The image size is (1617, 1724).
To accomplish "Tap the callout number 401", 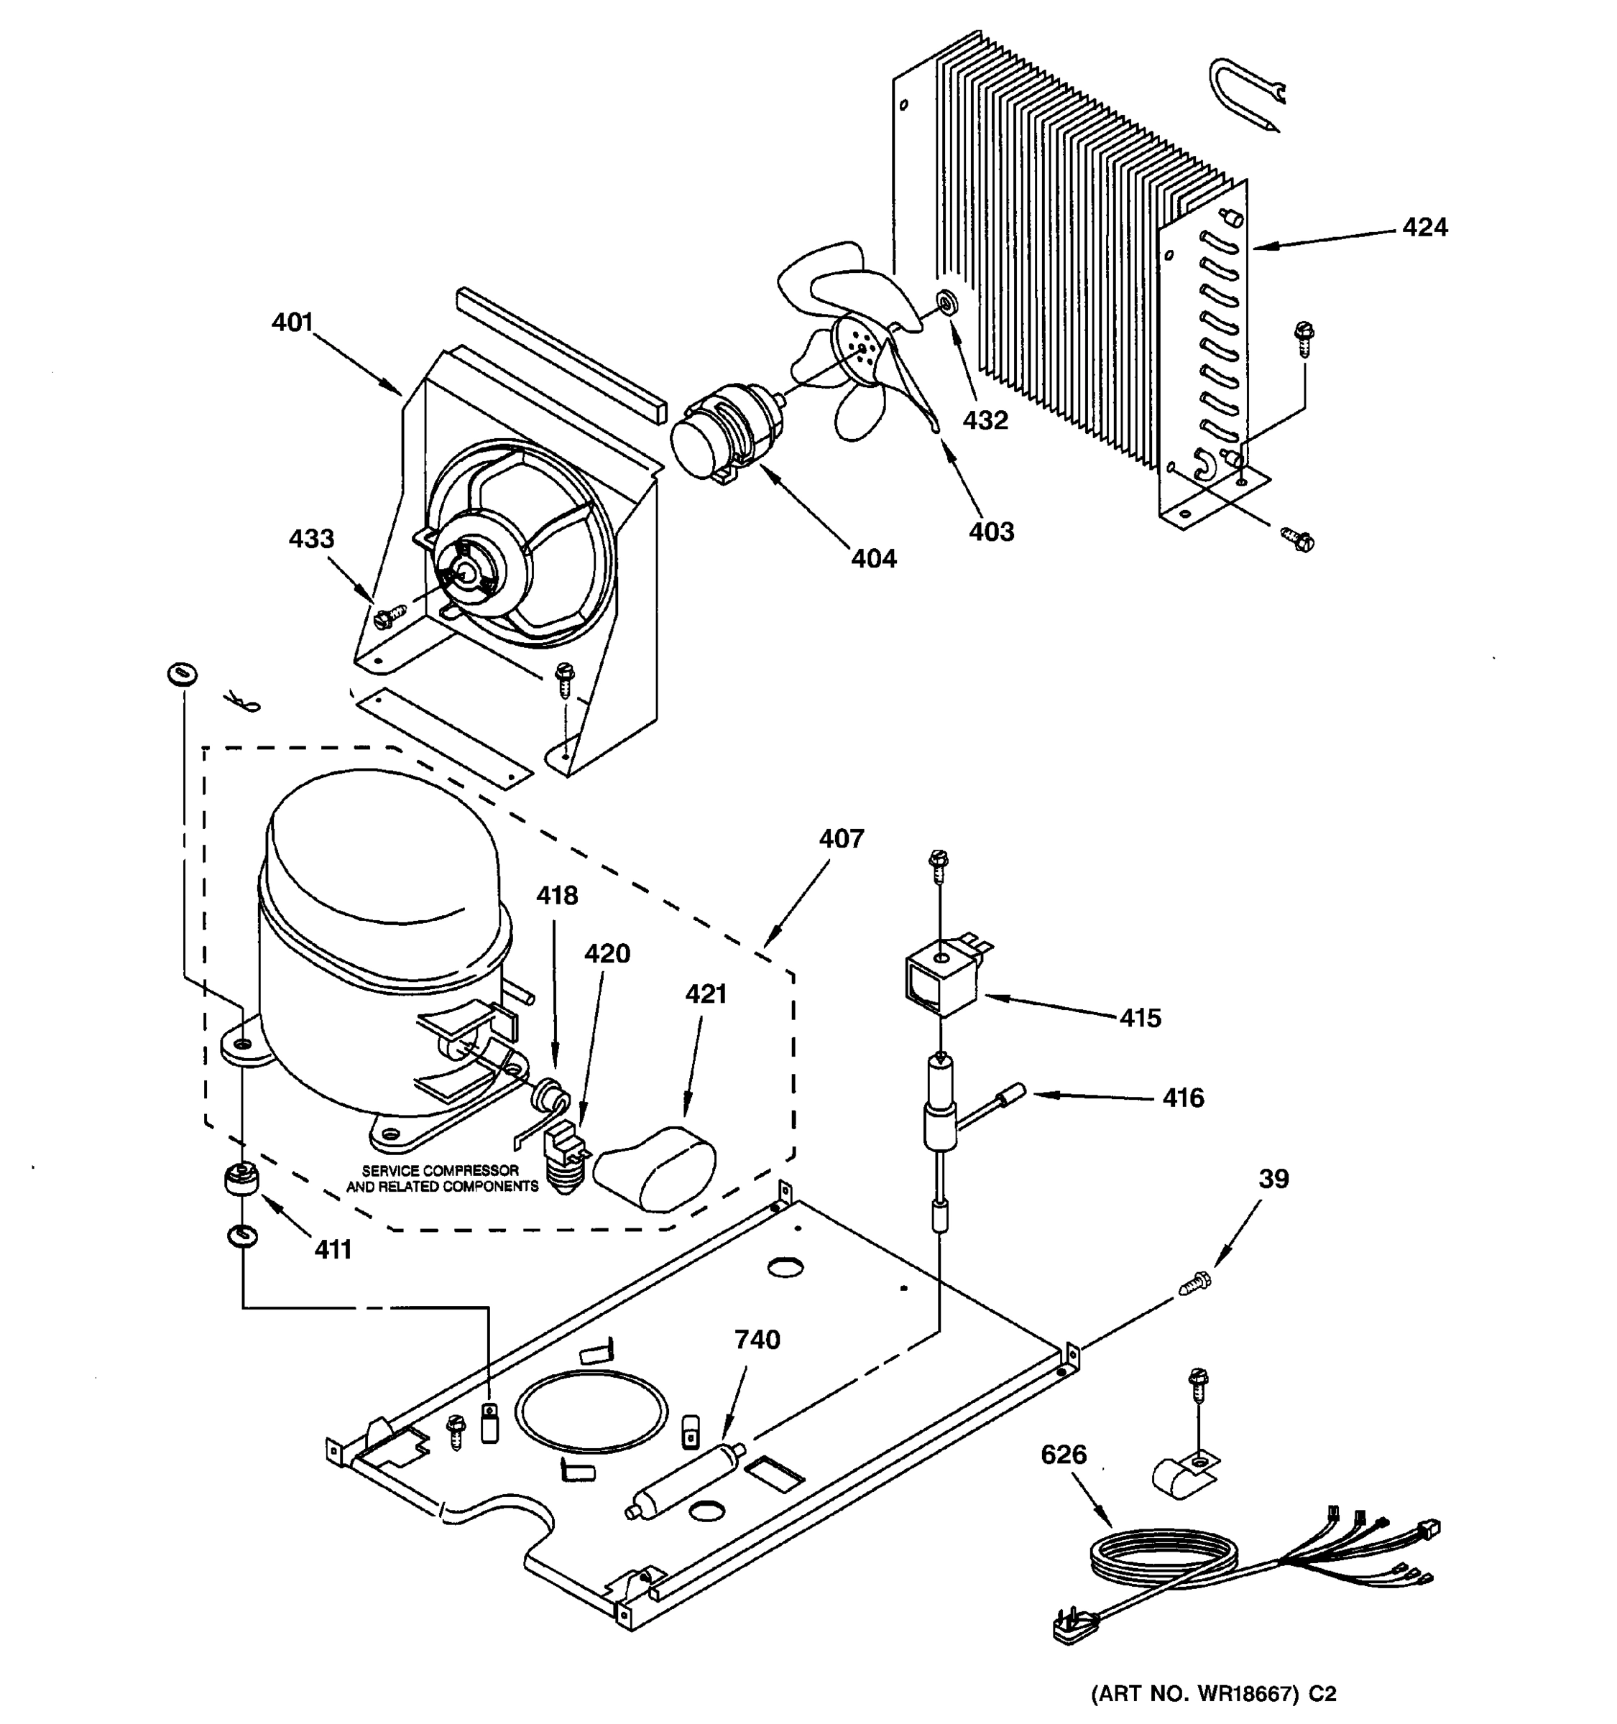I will pyautogui.click(x=292, y=323).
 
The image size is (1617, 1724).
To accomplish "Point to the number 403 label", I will pyautogui.click(x=990, y=532).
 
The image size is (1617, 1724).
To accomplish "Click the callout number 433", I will pyautogui.click(x=311, y=539).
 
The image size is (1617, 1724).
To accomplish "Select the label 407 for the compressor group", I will pyautogui.click(x=841, y=838).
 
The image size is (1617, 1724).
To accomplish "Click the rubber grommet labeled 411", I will pyautogui.click(x=239, y=1181).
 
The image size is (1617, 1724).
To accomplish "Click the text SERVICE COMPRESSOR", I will pyautogui.click(x=440, y=1171).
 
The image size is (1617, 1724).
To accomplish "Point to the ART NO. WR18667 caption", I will pyautogui.click(x=1213, y=1694).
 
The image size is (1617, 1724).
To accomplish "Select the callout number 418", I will pyautogui.click(x=556, y=896).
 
